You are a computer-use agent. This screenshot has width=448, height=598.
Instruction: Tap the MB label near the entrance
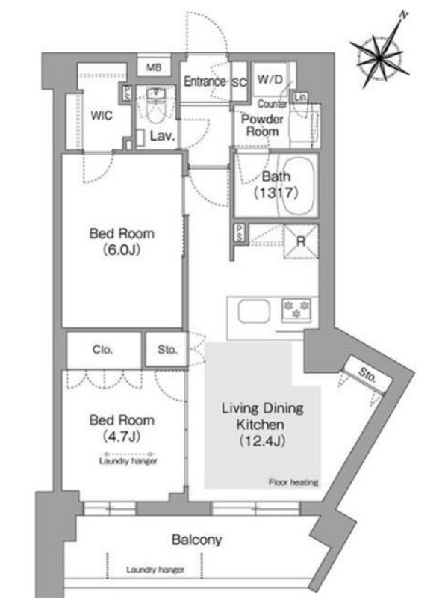(x=154, y=67)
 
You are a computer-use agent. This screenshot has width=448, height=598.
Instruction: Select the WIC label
(x=102, y=115)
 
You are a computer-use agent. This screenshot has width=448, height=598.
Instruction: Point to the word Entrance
(x=205, y=81)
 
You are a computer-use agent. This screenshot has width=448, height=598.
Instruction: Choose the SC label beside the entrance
(x=240, y=83)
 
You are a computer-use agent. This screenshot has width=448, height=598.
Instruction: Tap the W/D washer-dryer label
(x=270, y=80)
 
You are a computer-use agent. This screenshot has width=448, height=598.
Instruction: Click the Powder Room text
(x=262, y=125)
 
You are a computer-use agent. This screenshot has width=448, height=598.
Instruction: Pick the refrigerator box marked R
(x=301, y=241)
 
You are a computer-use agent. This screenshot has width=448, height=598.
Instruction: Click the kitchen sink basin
(x=254, y=311)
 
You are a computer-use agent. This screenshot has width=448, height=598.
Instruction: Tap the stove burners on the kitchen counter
(x=296, y=309)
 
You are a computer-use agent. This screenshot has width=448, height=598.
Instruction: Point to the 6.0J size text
(x=122, y=250)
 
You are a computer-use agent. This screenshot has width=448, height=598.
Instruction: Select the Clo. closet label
(x=102, y=350)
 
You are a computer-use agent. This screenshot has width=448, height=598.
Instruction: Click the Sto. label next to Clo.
(x=167, y=350)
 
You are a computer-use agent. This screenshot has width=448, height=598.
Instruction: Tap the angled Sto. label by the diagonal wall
(x=367, y=375)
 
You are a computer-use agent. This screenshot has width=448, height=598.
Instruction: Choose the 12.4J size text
(x=263, y=441)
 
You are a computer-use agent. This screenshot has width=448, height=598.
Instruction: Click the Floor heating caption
(x=293, y=482)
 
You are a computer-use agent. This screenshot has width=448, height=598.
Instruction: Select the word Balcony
(x=196, y=540)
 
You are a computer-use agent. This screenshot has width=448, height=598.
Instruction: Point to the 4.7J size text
(x=122, y=437)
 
